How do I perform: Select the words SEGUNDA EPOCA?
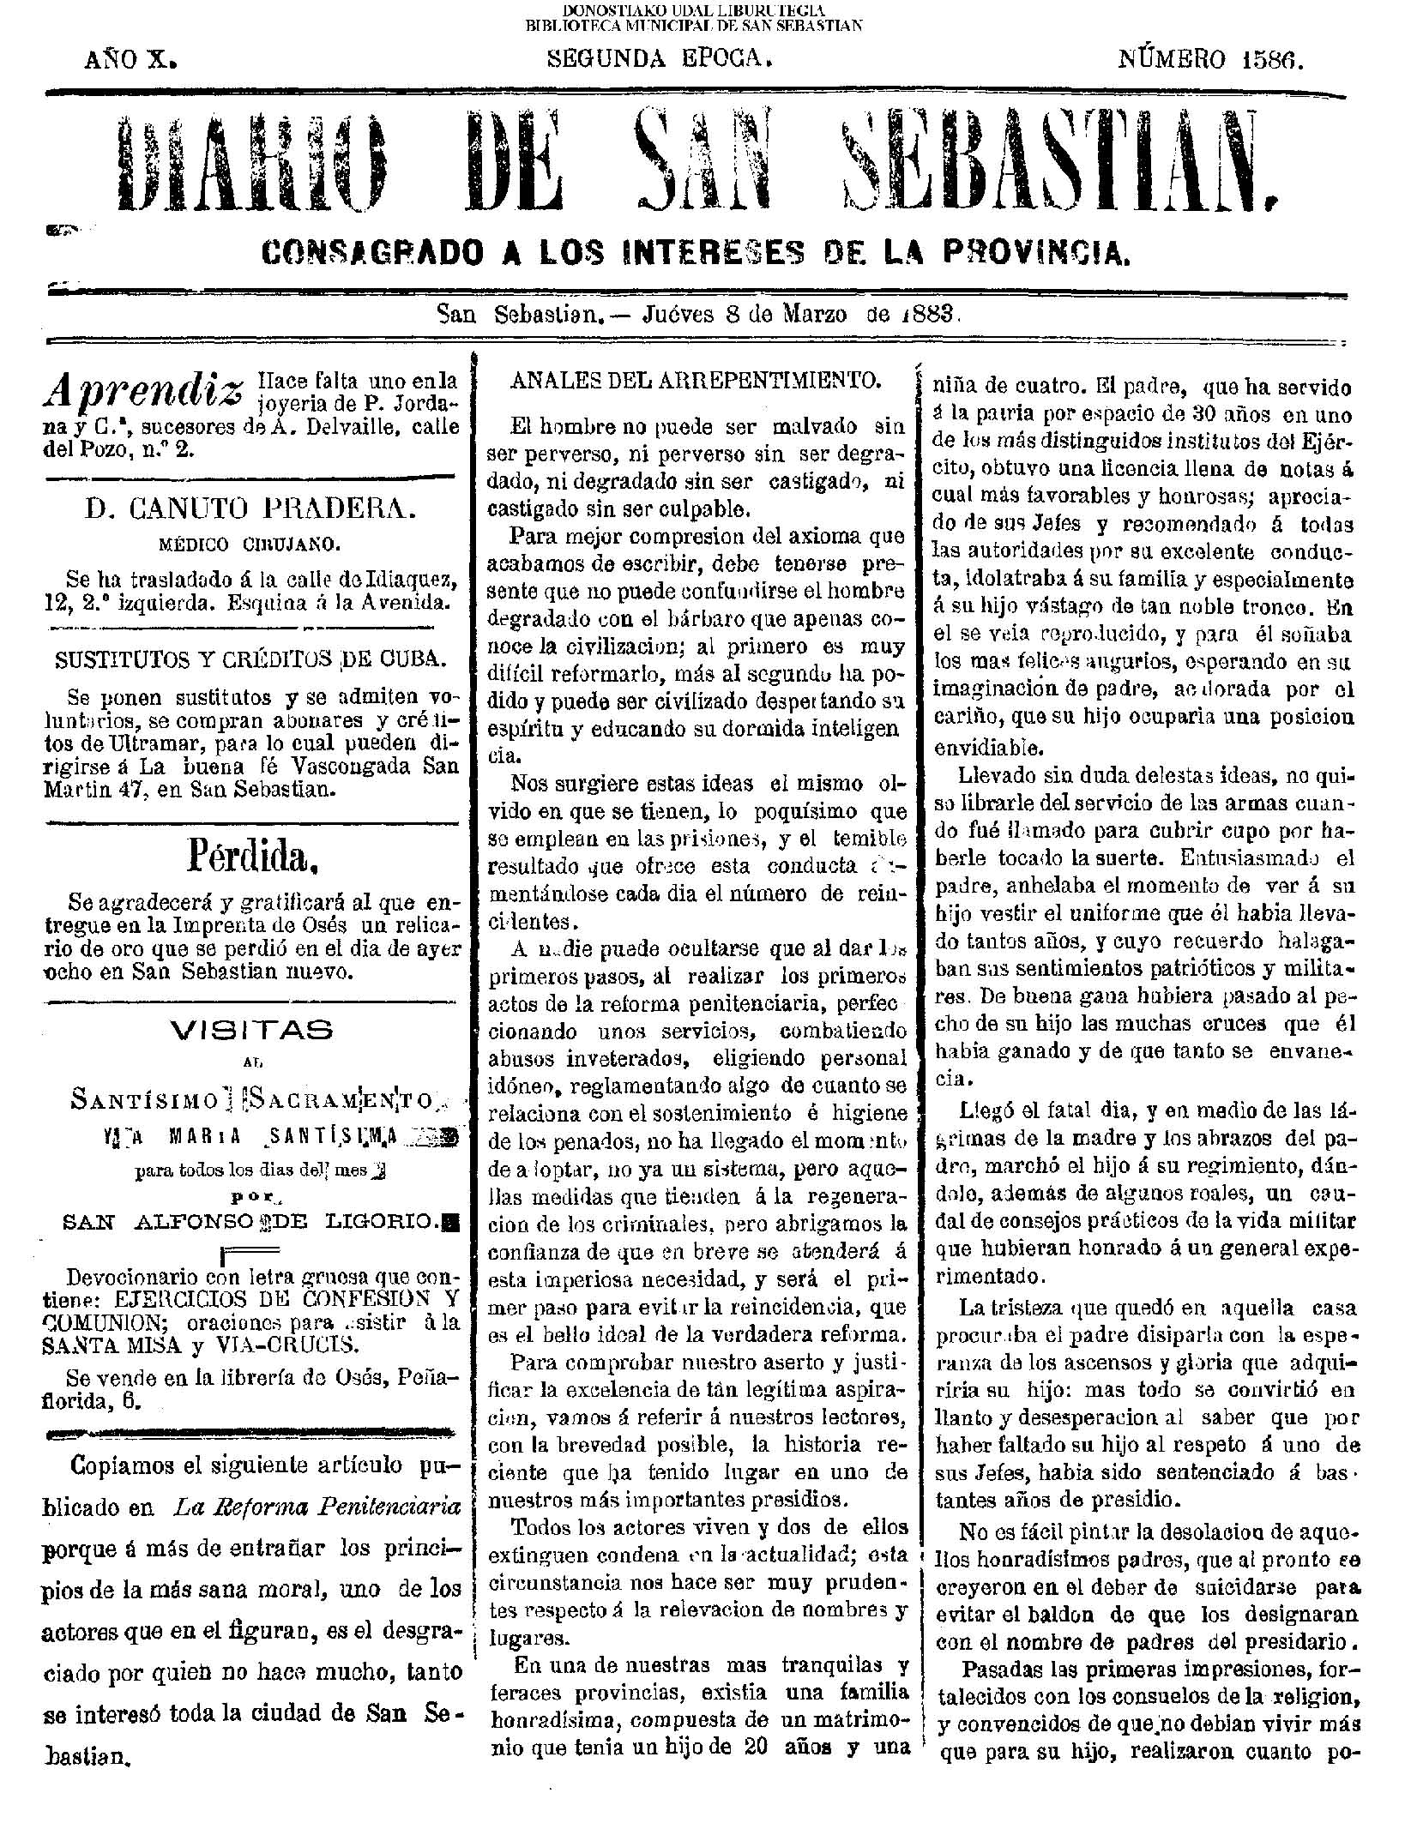point(660,59)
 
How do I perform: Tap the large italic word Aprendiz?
point(143,390)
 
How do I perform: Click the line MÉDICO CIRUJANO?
point(250,544)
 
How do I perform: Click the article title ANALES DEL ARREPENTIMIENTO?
point(695,381)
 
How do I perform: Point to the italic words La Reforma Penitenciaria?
point(317,1507)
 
